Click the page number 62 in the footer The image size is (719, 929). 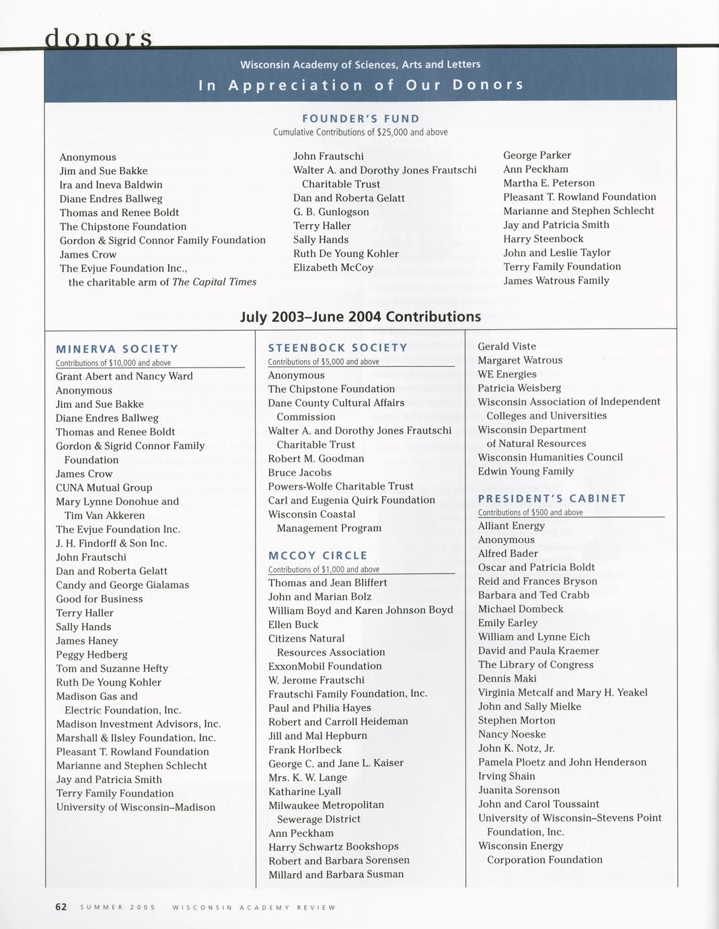(61, 907)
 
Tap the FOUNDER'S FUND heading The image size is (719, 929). (361, 119)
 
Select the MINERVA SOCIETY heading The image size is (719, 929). (117, 349)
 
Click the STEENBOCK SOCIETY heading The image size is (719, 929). (338, 347)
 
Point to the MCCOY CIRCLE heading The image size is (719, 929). (317, 555)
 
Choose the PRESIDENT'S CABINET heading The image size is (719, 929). (552, 498)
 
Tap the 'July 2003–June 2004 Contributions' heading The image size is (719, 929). (361, 316)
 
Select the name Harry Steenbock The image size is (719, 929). (543, 239)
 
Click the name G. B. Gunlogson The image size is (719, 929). (331, 212)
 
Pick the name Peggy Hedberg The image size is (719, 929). (91, 654)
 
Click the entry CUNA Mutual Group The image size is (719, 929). (104, 487)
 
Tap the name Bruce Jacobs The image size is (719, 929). (299, 473)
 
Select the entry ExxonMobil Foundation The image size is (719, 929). (325, 666)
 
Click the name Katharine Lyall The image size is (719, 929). (304, 791)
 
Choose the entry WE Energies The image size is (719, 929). (507, 374)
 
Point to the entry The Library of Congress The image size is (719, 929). (535, 664)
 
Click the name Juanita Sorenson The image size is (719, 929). (519, 790)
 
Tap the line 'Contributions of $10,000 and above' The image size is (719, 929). (113, 363)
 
